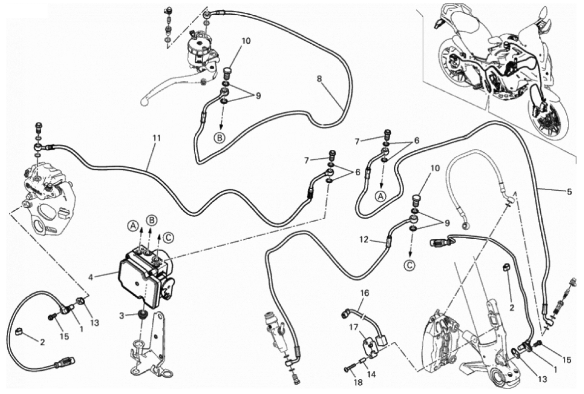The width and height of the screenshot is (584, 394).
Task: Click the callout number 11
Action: pyautogui.click(x=156, y=138)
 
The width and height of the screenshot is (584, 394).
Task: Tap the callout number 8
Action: pyautogui.click(x=319, y=79)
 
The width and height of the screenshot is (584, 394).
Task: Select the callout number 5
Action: pyautogui.click(x=569, y=192)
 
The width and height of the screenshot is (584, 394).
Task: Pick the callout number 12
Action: pyautogui.click(x=364, y=240)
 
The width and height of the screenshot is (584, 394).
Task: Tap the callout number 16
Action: pyautogui.click(x=364, y=293)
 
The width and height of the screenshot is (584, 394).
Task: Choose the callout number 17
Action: pyautogui.click(x=353, y=327)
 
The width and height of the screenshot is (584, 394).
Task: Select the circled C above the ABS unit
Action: pyautogui.click(x=168, y=237)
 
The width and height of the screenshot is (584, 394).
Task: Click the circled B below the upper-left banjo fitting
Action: pyautogui.click(x=220, y=138)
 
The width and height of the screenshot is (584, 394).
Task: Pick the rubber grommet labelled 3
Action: pyautogui.click(x=143, y=315)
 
